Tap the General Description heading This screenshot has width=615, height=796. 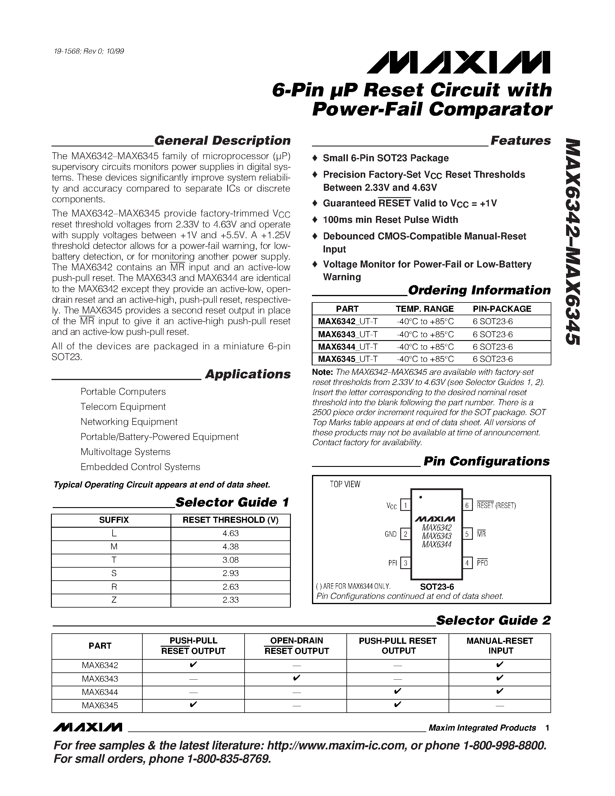[222, 141]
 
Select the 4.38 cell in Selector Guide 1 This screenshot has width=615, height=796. [230, 547]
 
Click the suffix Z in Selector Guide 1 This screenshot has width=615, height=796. [114, 600]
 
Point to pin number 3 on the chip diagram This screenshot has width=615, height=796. [405, 563]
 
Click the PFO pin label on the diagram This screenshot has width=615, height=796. [482, 563]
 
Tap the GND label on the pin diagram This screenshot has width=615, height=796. [391, 534]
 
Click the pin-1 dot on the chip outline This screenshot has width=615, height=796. [421, 497]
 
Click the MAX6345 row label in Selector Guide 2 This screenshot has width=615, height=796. [100, 705]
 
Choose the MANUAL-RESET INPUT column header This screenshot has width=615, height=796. [500, 645]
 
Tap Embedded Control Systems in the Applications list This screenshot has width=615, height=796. [140, 467]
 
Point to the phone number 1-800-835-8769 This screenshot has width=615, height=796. [228, 759]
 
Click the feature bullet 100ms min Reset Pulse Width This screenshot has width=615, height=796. [390, 220]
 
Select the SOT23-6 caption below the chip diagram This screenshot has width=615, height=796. [437, 587]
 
